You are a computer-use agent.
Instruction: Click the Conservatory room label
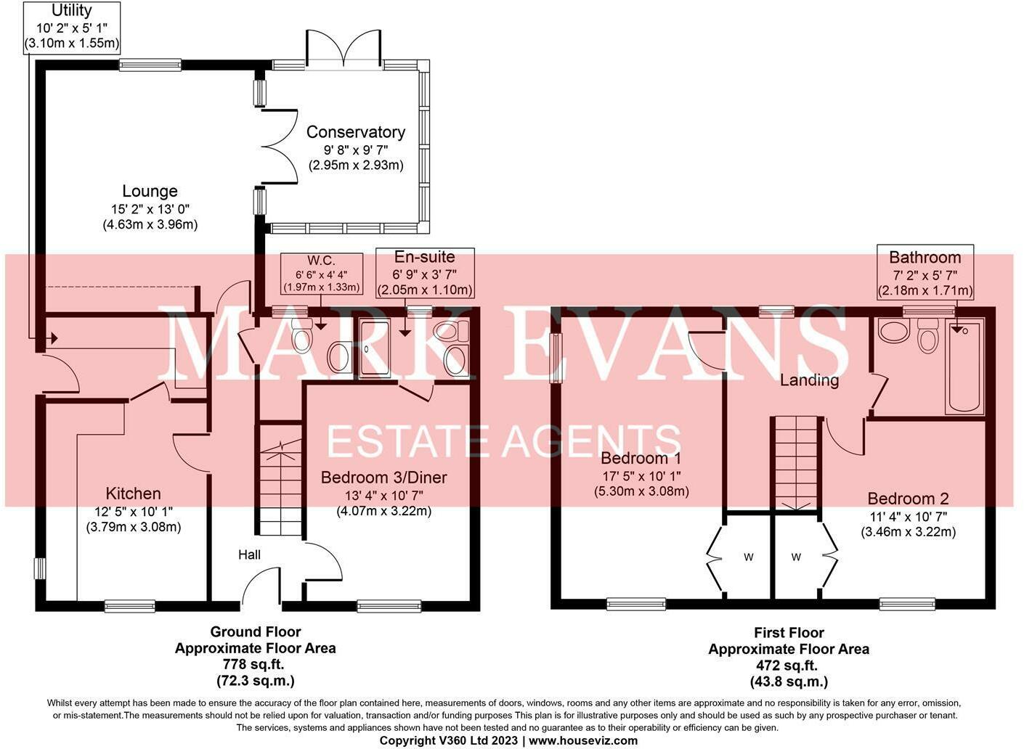click(x=356, y=132)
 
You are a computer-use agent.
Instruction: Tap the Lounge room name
click(x=150, y=191)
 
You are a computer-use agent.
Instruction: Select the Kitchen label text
click(x=133, y=494)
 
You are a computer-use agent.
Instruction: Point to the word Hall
click(x=249, y=554)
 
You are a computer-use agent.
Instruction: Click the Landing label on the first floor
click(x=809, y=380)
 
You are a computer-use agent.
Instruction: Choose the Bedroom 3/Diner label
click(x=384, y=478)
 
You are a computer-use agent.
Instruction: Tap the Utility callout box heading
click(x=71, y=10)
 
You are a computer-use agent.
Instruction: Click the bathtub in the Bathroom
click(x=965, y=367)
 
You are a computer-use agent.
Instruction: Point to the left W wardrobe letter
click(x=748, y=557)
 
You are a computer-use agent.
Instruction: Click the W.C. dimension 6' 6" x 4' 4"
click(x=322, y=275)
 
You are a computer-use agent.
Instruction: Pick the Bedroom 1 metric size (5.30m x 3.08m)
click(x=641, y=491)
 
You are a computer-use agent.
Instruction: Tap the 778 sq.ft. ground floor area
click(x=255, y=665)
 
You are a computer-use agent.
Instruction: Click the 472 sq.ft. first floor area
click(x=789, y=666)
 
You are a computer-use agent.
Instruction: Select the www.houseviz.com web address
click(x=583, y=740)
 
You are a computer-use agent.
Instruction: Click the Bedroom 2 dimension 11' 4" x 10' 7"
click(x=908, y=517)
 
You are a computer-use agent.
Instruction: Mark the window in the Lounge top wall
click(x=150, y=65)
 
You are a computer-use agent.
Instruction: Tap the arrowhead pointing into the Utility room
click(x=54, y=339)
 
